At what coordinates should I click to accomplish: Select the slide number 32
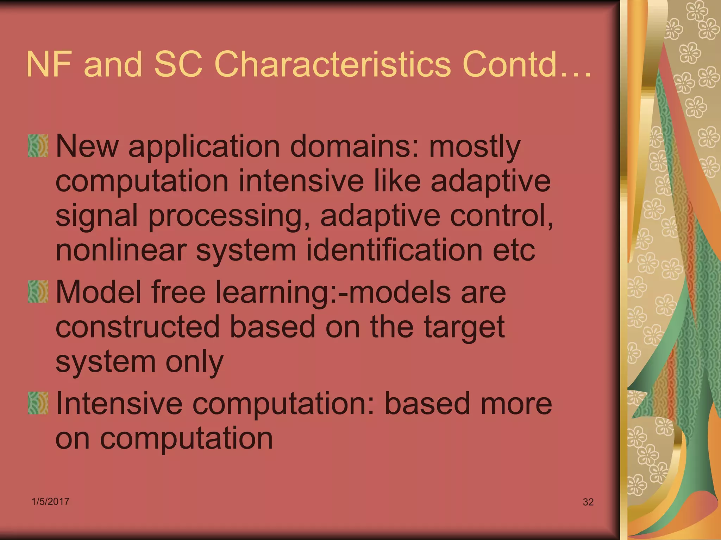pos(588,502)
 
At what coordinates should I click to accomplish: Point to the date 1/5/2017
pos(50,501)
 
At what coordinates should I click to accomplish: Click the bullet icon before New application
pos(38,146)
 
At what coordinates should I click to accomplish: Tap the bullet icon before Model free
pos(38,291)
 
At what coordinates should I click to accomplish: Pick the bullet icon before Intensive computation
pos(38,403)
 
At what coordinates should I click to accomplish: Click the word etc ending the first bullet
pos(514,250)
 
